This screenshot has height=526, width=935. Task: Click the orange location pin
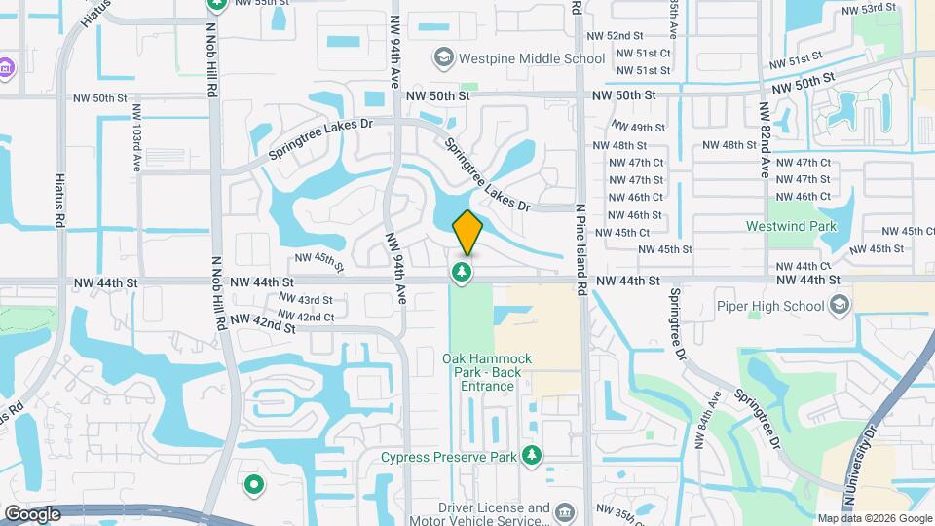coord(467,232)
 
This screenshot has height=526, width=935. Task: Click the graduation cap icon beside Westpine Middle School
coord(444,58)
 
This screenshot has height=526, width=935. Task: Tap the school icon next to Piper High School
coord(838,306)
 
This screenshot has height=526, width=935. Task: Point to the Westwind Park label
coord(791,226)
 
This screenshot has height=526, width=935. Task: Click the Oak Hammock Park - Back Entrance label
coord(482,372)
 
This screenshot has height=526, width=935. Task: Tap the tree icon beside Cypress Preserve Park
coord(531,455)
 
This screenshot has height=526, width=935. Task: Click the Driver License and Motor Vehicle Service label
coord(494,514)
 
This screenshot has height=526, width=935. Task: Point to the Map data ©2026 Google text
coord(874,518)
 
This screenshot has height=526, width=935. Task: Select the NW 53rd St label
coord(868,9)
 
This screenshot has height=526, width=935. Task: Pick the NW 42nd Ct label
coord(306,317)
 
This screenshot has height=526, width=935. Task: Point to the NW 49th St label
coord(638,128)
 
